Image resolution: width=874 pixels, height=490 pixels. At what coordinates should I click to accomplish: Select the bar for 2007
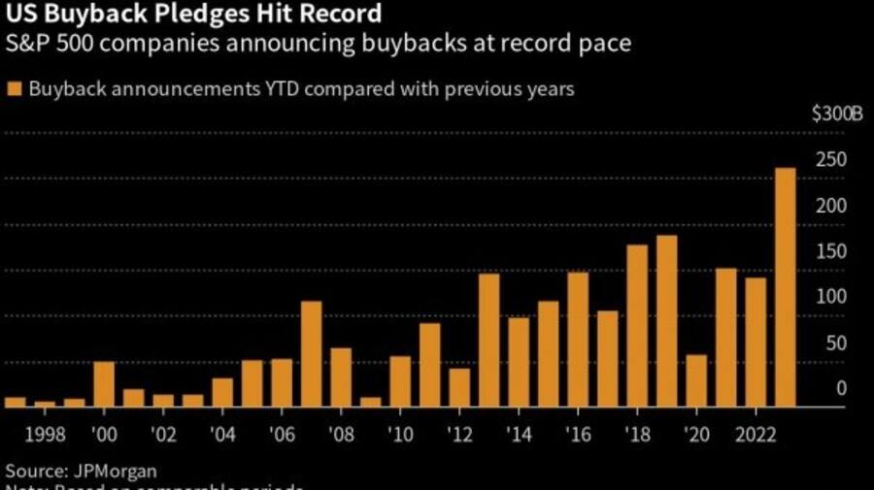click(311, 354)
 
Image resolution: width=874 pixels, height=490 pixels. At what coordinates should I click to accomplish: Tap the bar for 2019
click(666, 321)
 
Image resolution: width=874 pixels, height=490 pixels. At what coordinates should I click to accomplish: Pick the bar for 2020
click(696, 380)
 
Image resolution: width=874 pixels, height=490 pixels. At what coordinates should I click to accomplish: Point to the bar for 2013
click(488, 341)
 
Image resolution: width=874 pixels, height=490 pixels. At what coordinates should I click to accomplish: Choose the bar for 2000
click(104, 384)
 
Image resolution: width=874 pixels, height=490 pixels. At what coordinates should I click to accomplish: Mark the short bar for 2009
click(370, 402)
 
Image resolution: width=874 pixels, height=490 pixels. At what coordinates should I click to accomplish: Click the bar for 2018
click(637, 326)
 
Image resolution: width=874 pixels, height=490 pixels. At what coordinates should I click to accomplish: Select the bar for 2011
click(429, 365)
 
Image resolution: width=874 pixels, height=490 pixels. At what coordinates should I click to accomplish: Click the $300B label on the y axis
click(837, 114)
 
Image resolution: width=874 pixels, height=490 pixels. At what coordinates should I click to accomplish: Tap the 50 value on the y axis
click(837, 343)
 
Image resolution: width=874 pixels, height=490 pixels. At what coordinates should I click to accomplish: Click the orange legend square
click(14, 89)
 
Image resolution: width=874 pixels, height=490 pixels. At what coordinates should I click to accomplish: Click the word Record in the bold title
click(340, 16)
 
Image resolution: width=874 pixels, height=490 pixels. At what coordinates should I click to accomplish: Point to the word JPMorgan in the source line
click(112, 471)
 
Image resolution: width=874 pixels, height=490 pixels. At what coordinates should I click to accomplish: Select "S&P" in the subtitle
click(26, 45)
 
